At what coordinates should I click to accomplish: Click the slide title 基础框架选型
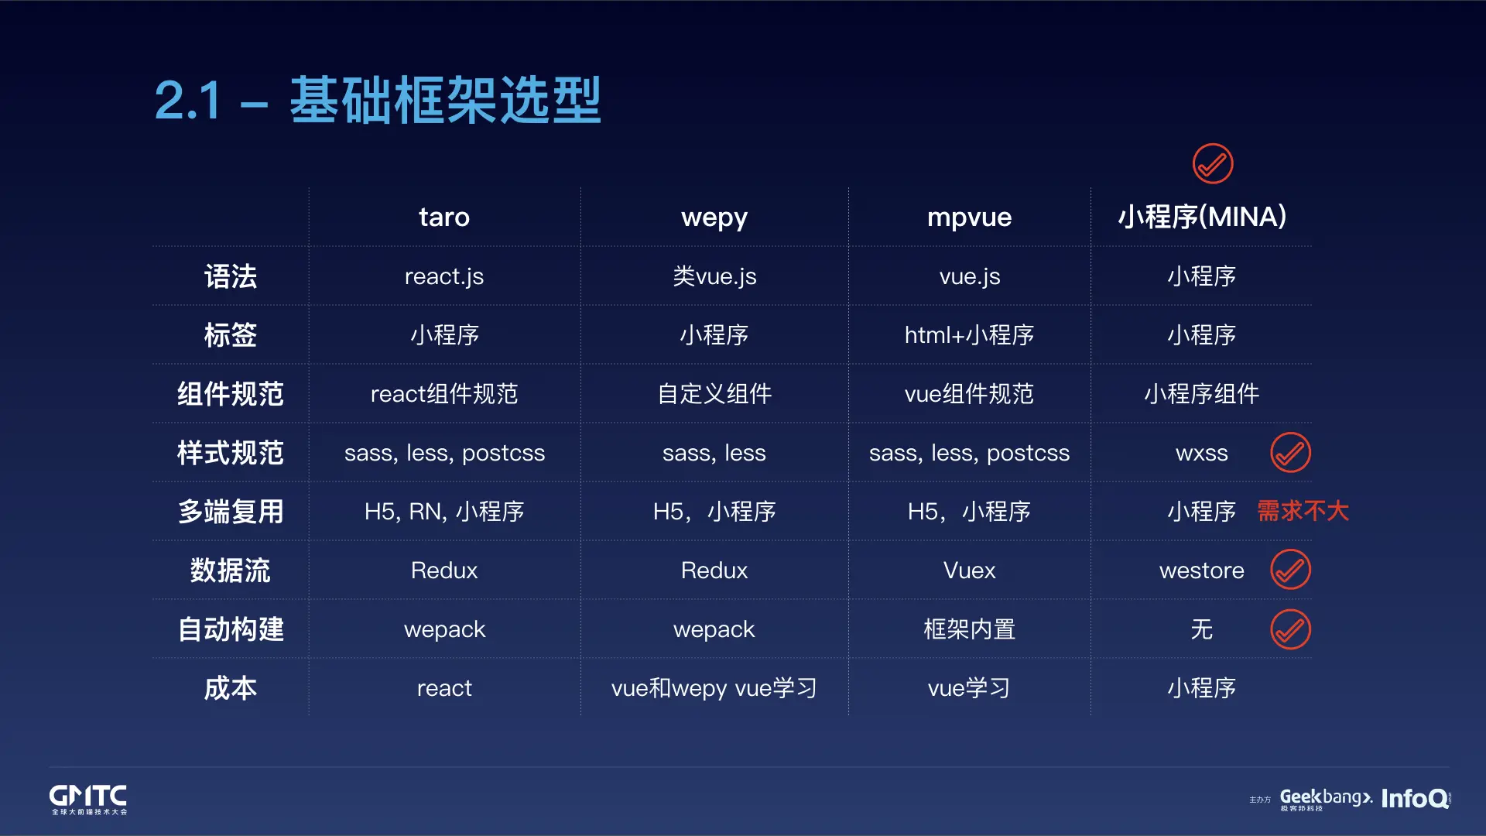[445, 100]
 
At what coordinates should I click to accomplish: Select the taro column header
[444, 217]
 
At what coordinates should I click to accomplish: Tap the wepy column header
[714, 218]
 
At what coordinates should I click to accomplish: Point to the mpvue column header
[969, 218]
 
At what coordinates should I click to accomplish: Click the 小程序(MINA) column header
[1202, 217]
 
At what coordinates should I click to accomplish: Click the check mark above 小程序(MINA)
[1213, 164]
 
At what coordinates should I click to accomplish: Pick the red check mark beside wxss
[1290, 453]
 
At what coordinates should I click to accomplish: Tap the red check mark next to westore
[1290, 570]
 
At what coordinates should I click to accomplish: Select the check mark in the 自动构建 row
[1290, 629]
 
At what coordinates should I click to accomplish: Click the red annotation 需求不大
[1303, 511]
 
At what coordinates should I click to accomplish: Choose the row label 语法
[230, 276]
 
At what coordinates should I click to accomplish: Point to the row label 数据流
[230, 570]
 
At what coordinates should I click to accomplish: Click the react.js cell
[444, 276]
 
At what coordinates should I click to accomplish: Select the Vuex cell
[969, 570]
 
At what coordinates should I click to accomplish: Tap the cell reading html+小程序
[969, 335]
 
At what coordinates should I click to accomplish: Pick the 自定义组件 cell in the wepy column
[714, 394]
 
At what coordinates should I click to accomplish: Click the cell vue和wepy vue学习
[714, 688]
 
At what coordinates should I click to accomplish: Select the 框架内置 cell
[969, 629]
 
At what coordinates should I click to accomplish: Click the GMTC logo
[88, 799]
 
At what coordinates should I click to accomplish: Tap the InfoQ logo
[1416, 798]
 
